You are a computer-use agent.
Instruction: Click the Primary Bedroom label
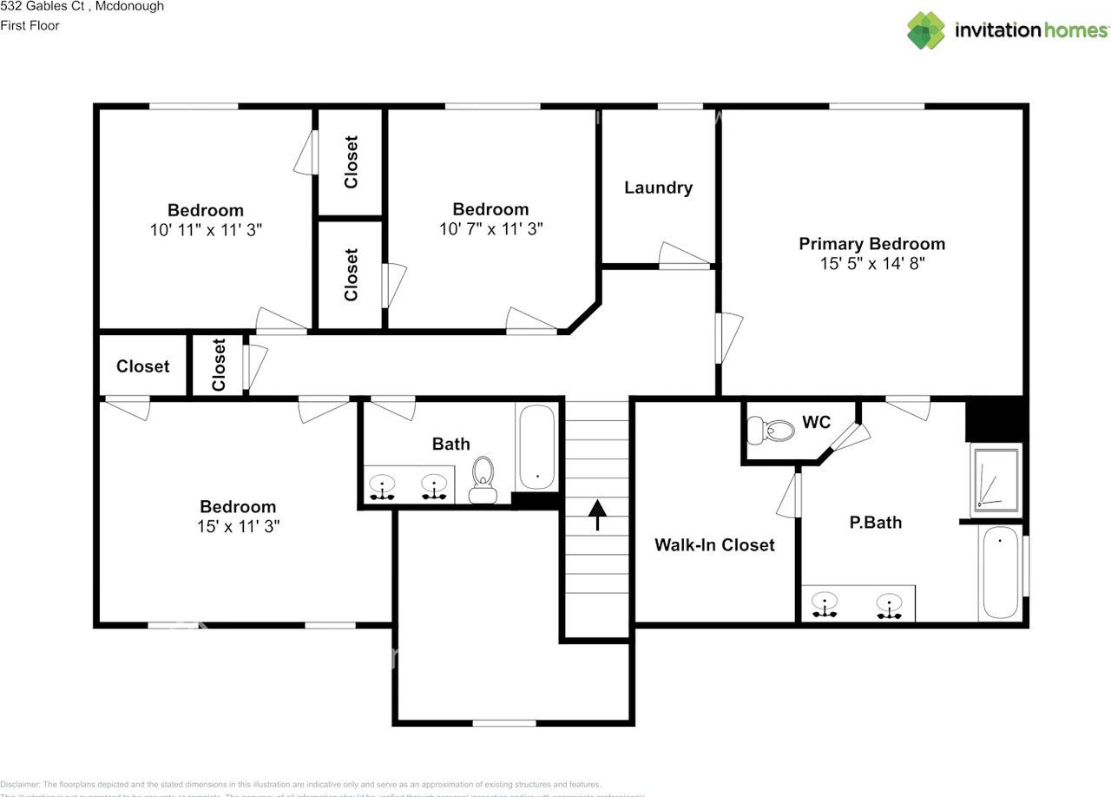coord(871,244)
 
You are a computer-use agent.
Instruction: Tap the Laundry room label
coord(658,188)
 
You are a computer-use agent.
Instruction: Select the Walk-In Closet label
coord(714,545)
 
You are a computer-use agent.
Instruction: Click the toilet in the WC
coord(772,429)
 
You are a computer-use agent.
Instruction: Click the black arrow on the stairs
coord(597,514)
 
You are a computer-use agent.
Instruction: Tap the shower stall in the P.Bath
coord(996,478)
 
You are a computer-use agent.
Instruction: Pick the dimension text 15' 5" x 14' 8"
coord(871,264)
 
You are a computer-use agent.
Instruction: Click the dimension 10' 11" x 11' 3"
coord(206,230)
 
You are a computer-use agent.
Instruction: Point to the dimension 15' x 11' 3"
coord(238,526)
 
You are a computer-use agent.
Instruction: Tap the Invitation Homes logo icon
coord(926,30)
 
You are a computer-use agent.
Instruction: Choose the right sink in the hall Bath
coord(433,487)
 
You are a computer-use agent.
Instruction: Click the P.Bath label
coord(875,523)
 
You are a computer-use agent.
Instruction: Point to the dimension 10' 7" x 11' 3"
coord(491,229)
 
